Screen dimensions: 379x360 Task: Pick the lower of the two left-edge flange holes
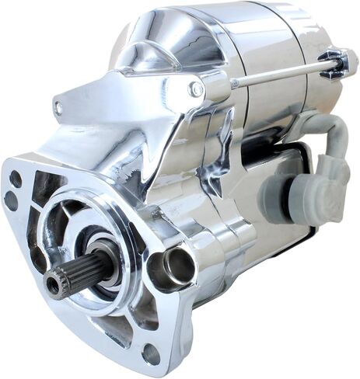(x=12, y=200)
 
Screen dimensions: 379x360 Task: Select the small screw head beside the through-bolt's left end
(x=196, y=90)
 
